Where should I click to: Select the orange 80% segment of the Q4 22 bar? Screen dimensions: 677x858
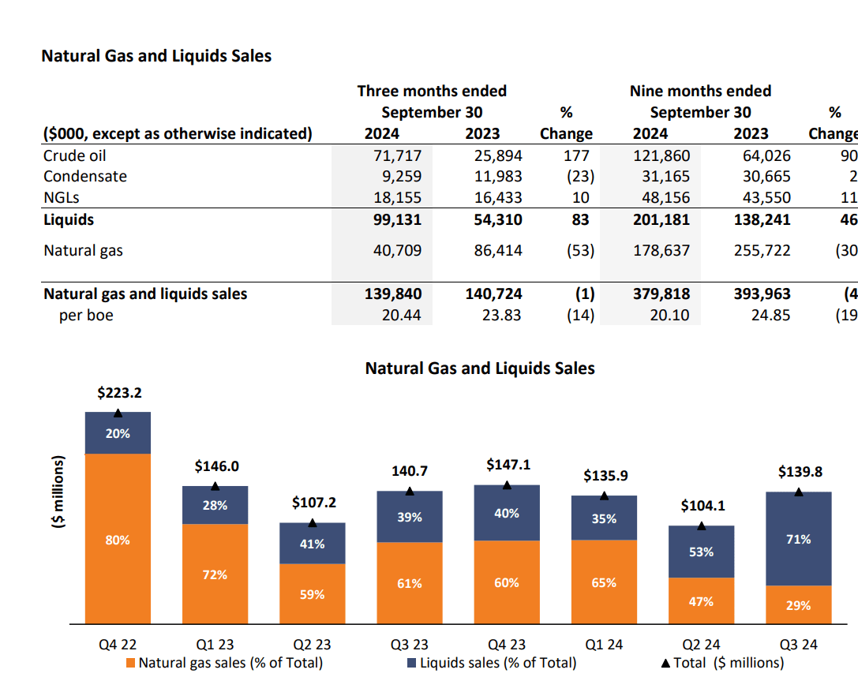(x=118, y=540)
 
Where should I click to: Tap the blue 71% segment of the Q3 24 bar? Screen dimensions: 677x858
(x=798, y=539)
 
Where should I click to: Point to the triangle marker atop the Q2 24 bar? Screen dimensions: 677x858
(x=702, y=526)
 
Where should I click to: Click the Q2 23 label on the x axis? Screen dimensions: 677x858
(x=312, y=645)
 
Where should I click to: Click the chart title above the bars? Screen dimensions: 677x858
(x=480, y=368)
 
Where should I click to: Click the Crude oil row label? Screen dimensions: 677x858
(x=75, y=155)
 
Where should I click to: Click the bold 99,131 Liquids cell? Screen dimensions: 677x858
(x=397, y=219)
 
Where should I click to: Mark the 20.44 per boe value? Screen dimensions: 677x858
(x=402, y=316)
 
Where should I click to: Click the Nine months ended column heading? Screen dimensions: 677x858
(x=700, y=91)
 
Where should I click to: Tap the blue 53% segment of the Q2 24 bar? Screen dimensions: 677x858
(x=701, y=552)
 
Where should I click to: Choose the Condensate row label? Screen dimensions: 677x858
(x=85, y=177)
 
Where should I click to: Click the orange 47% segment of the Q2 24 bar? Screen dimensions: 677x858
(x=701, y=601)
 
